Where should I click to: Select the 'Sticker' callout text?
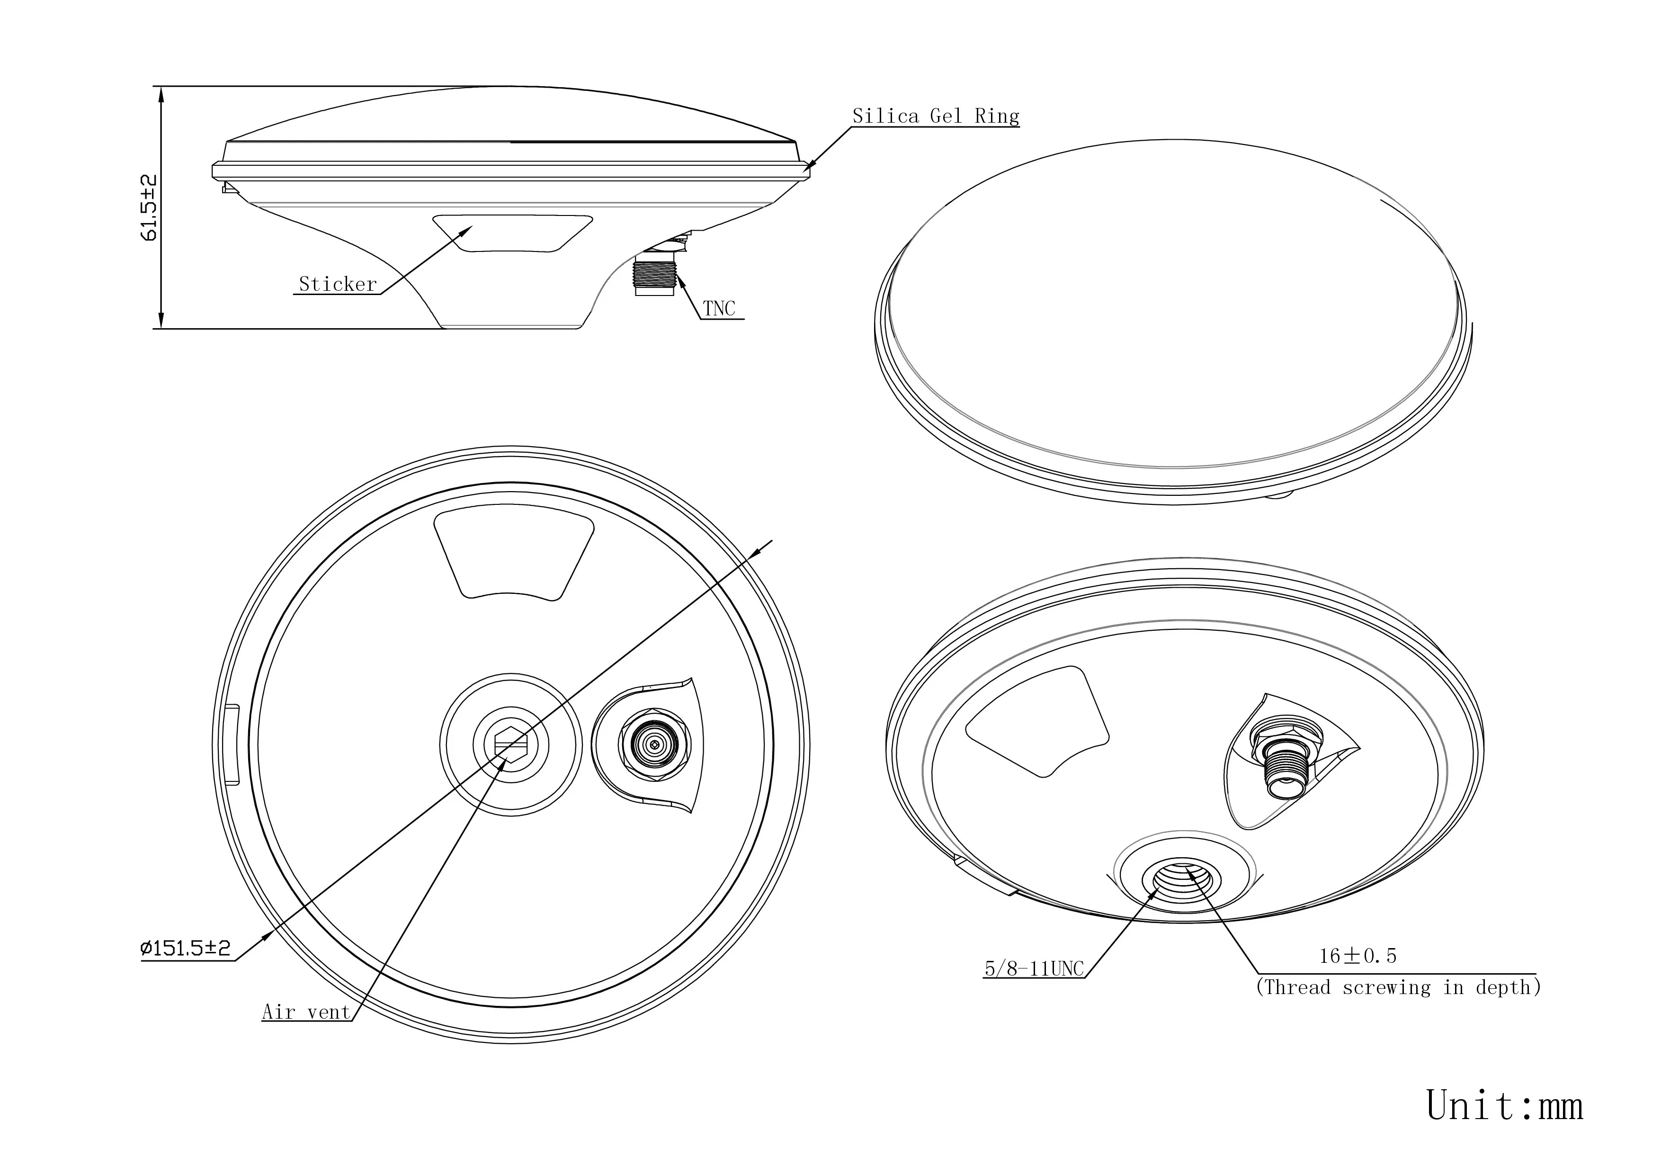(338, 284)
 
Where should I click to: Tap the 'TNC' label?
(719, 309)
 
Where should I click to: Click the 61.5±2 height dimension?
(149, 207)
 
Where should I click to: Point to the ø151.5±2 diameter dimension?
(186, 948)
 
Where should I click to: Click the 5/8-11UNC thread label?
(1035, 968)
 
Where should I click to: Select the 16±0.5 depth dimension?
(1358, 956)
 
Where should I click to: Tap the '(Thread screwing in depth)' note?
(1398, 987)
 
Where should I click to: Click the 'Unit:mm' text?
(1505, 1106)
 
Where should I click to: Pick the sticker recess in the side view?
(512, 233)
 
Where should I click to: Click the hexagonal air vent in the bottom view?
(511, 744)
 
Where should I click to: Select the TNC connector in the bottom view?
(653, 744)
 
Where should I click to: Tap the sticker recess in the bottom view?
(514, 554)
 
